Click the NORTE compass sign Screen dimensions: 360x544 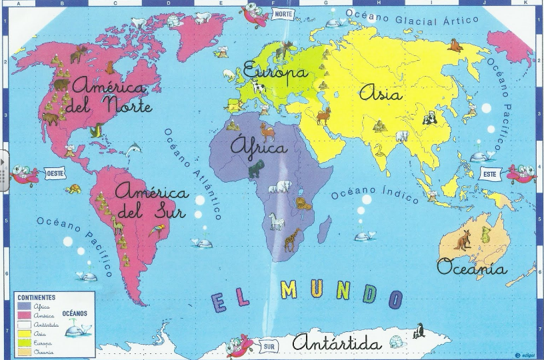tap(283, 14)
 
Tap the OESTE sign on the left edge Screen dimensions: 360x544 tap(55, 173)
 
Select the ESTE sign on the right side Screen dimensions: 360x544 tap(489, 173)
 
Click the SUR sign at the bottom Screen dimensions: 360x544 tap(269, 347)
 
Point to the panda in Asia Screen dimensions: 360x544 tap(430, 119)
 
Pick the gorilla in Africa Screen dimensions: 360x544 tap(256, 169)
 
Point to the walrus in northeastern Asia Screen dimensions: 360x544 tap(455, 45)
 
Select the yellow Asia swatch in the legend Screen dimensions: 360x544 tap(23, 333)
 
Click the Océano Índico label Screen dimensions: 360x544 tap(375, 195)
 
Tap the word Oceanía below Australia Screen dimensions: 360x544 tap(471, 268)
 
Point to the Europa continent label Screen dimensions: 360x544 tap(275, 71)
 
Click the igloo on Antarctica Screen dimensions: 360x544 tap(396, 342)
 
